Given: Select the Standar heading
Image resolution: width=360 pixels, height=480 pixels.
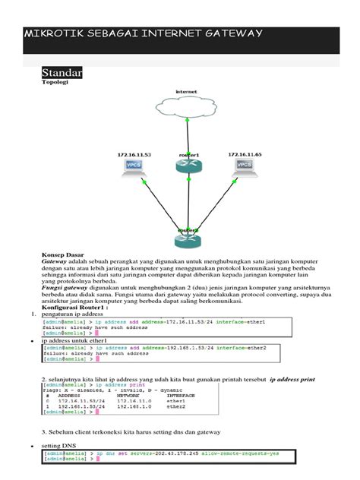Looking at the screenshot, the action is pos(62,73).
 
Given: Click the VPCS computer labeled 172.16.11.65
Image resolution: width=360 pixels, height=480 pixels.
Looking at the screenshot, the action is pos(245,168).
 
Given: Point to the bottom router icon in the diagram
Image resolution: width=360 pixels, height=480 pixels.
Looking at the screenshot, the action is pos(188,239).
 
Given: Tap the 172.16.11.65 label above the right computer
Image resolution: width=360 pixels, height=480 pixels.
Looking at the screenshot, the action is pos(245,154).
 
